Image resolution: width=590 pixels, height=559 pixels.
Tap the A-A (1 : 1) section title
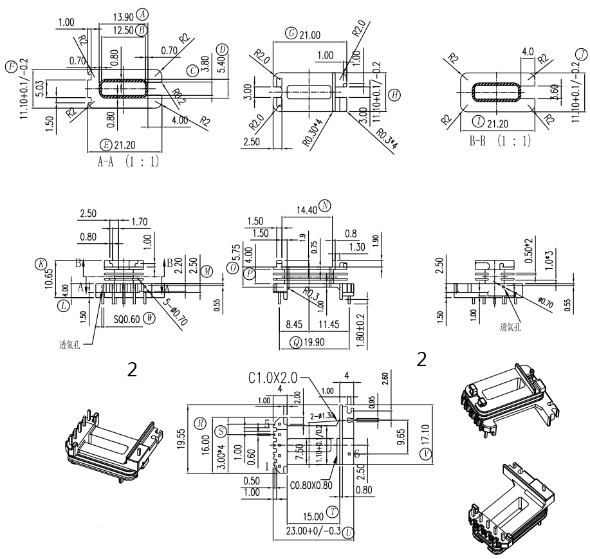[128, 162]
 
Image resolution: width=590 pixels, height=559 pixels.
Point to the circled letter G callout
[292, 33]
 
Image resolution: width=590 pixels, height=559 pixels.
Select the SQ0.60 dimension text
[127, 316]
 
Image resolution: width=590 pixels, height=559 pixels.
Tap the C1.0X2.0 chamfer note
[273, 378]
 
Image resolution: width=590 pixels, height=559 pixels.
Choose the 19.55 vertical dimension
[181, 439]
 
